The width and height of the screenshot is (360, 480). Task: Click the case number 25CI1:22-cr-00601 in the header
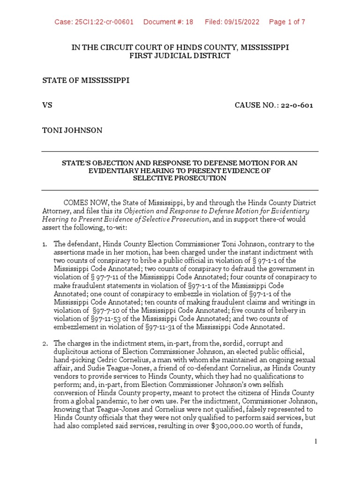tap(94, 22)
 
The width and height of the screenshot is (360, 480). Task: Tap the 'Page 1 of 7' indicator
tap(287, 22)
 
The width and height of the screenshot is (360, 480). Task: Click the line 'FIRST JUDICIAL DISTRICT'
tap(180, 56)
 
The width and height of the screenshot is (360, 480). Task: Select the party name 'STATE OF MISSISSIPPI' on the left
tap(86, 81)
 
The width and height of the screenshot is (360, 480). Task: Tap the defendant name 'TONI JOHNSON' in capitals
tap(72, 130)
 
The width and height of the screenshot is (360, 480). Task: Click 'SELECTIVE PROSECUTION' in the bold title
tap(180, 179)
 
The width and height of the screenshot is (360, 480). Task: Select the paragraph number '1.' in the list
tap(45, 244)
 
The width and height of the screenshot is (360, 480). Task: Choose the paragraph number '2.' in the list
tap(45, 344)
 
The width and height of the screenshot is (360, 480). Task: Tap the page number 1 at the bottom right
tap(316, 442)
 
